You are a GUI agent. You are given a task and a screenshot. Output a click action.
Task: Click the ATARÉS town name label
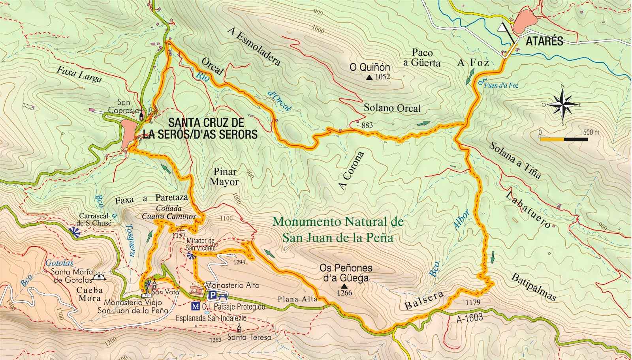pyautogui.click(x=544, y=41)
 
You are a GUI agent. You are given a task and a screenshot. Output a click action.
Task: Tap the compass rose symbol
pyautogui.click(x=562, y=104)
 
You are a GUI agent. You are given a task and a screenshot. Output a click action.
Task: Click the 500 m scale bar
pyautogui.click(x=564, y=139)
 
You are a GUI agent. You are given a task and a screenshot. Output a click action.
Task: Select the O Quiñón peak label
pyautogui.click(x=370, y=67)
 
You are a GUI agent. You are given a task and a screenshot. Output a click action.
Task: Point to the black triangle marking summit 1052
pyautogui.click(x=369, y=78)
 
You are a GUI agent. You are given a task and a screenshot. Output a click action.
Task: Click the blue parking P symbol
pyautogui.click(x=212, y=295)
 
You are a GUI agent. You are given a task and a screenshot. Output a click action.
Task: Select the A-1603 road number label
pyautogui.click(x=470, y=318)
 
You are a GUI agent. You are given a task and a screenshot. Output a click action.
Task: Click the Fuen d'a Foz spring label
pyautogui.click(x=501, y=85)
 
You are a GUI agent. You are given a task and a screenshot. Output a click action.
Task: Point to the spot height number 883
pyautogui.click(x=367, y=125)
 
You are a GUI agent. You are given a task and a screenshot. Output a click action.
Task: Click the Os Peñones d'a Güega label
pyautogui.click(x=346, y=273)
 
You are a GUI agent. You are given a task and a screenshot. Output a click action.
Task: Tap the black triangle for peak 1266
pyautogui.click(x=344, y=286)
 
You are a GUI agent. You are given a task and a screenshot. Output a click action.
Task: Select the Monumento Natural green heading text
pyautogui.click(x=338, y=229)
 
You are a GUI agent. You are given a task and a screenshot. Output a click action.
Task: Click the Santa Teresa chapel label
pyautogui.click(x=249, y=337)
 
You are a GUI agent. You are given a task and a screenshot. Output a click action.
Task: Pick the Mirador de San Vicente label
pyautogui.click(x=201, y=244)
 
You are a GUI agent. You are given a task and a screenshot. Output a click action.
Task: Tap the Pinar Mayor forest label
pyautogui.click(x=225, y=177)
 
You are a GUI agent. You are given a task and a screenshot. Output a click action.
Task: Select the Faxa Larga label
pyautogui.click(x=79, y=75)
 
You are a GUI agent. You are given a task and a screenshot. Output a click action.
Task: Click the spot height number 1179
pyautogui.click(x=472, y=302)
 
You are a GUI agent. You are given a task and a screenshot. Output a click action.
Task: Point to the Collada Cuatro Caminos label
pyautogui.click(x=169, y=212)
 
